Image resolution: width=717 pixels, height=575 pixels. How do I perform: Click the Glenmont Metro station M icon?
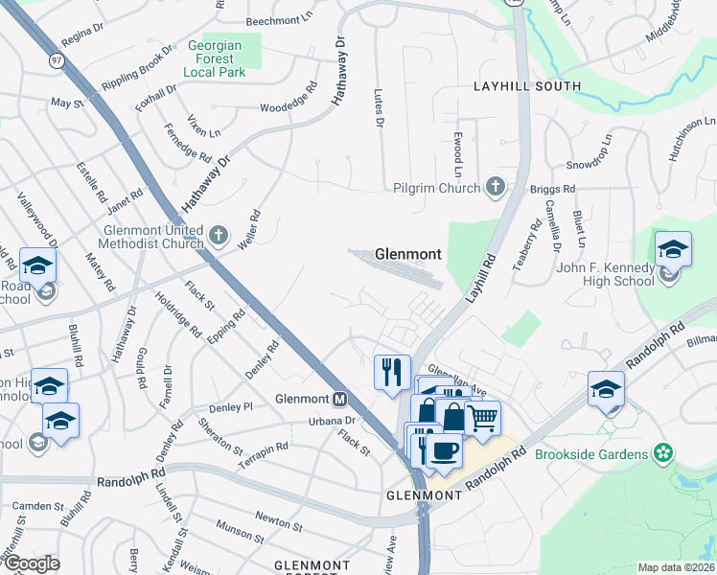[338, 399]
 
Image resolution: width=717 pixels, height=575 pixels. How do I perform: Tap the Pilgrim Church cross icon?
[495, 186]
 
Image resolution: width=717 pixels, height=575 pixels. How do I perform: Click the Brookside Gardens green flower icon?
[661, 452]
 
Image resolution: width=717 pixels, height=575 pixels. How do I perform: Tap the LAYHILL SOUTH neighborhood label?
[527, 86]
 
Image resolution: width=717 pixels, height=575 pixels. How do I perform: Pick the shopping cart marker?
[483, 417]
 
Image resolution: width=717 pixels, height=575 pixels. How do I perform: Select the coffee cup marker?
[443, 450]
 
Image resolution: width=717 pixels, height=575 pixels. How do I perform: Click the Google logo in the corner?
[31, 563]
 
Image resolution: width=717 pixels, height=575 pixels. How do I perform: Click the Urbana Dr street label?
[331, 421]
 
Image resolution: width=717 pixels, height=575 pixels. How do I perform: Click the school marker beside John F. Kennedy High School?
[673, 250]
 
